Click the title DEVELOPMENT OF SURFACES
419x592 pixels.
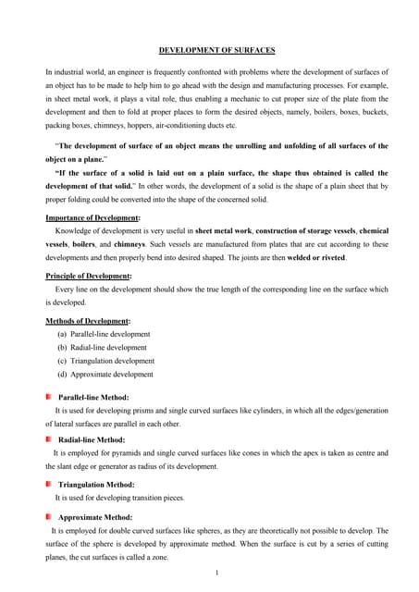[216, 49]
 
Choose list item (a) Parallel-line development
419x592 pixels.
[104, 334]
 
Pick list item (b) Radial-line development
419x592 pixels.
[102, 348]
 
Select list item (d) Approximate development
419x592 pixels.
[105, 375]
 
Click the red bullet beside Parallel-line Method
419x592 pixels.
[49, 396]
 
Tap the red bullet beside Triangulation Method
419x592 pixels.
[49, 484]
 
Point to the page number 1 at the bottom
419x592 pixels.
[216, 573]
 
